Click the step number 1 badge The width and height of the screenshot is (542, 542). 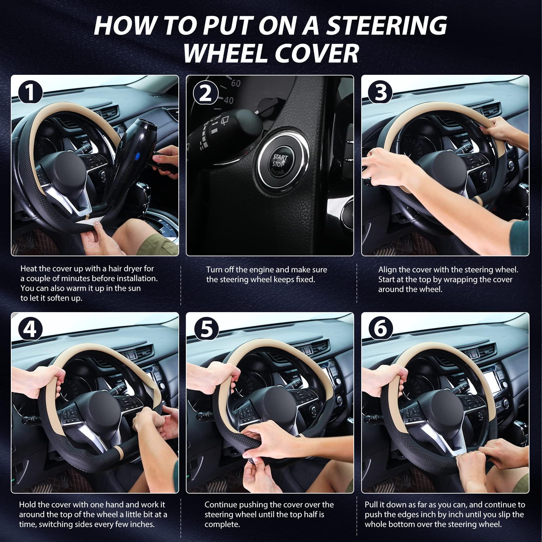[30, 92]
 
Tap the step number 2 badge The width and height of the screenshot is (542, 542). [205, 92]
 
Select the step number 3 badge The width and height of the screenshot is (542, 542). [381, 92]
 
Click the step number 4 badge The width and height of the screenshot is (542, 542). [30, 329]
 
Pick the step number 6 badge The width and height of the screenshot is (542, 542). [381, 329]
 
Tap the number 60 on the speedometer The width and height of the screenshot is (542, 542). [236, 83]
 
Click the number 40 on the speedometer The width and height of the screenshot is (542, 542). [229, 100]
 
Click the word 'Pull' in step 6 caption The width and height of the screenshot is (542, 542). [371, 505]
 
